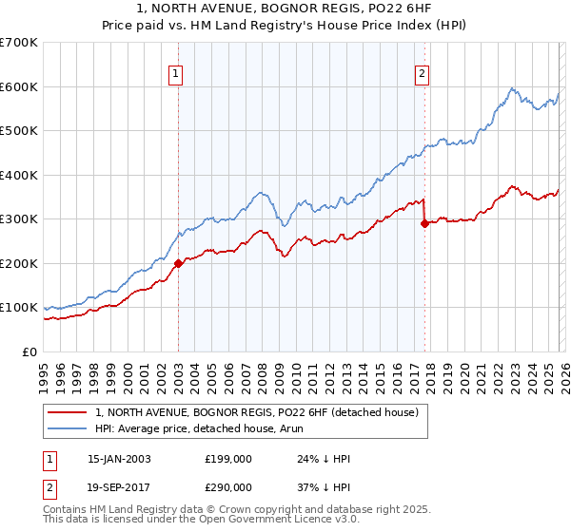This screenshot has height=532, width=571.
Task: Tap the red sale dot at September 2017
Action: (424, 224)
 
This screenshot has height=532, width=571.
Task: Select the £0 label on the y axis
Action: (30, 351)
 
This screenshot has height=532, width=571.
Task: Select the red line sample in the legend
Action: (67, 412)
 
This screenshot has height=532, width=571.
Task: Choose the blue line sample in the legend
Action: (67, 428)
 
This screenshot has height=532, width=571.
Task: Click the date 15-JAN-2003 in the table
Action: (119, 459)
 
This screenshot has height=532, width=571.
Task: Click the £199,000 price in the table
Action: (227, 459)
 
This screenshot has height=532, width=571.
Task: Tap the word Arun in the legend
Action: (302, 428)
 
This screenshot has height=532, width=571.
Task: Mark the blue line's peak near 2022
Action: (512, 88)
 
